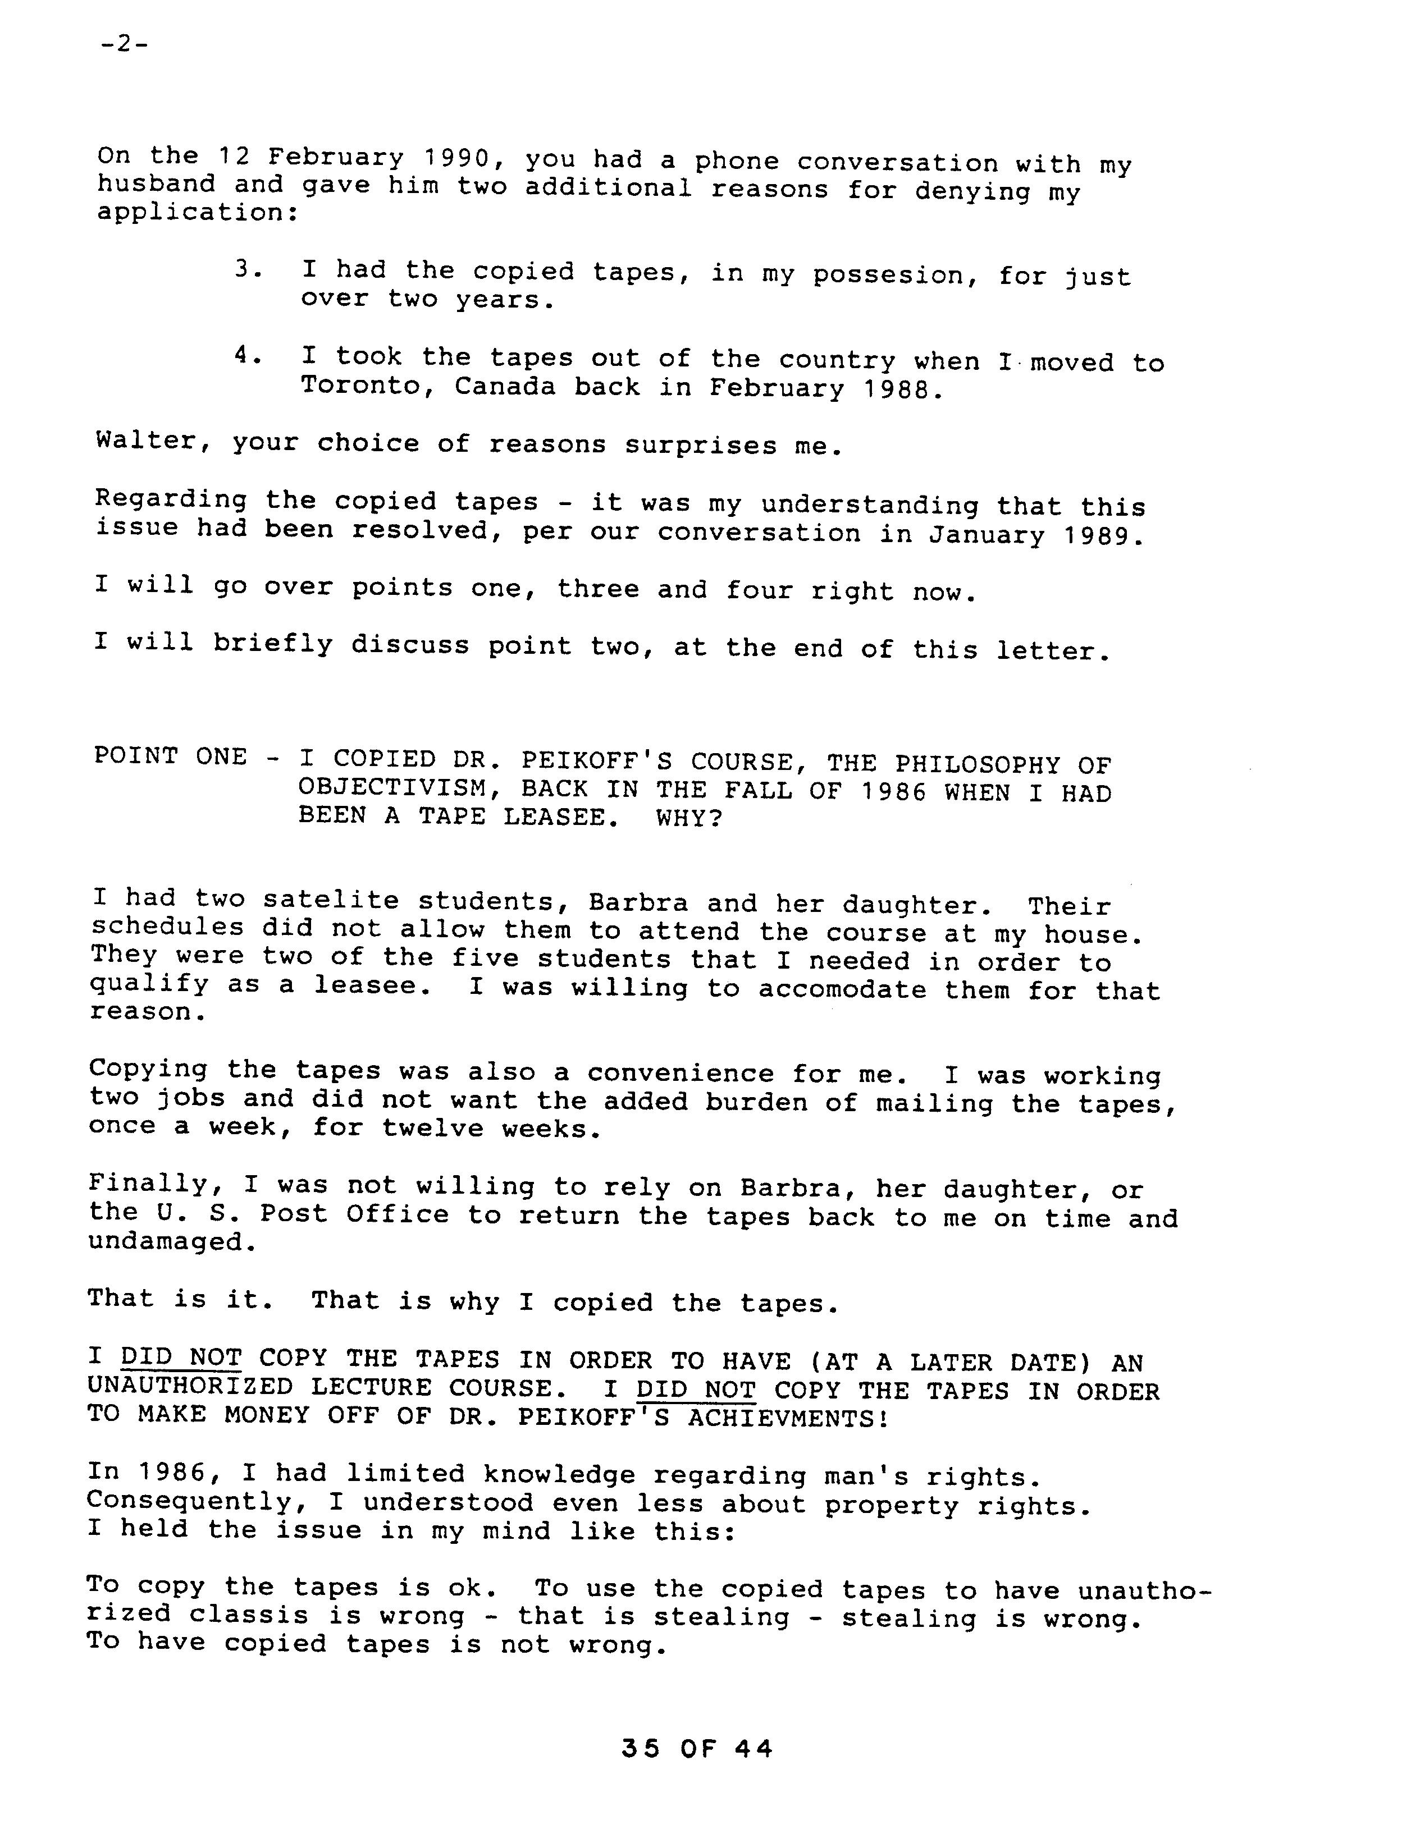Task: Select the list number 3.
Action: (248, 269)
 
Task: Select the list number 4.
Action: (248, 356)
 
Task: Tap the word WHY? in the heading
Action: (688, 817)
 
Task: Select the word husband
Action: (156, 184)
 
